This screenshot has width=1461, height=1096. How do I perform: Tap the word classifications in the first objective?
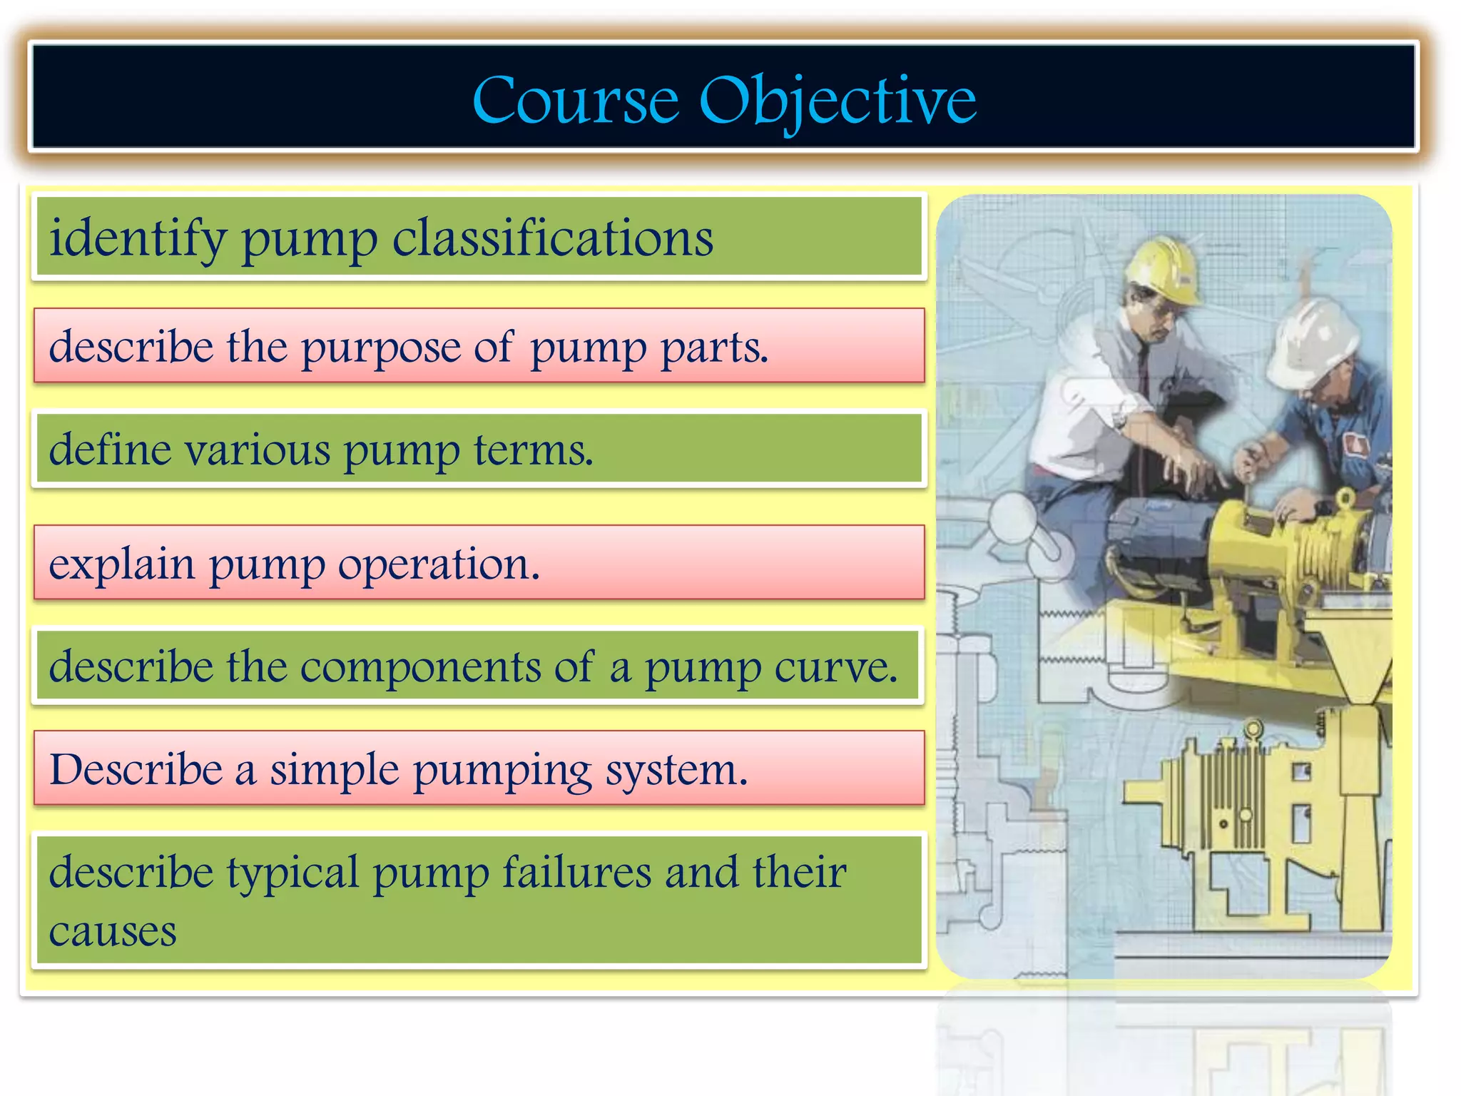(553, 238)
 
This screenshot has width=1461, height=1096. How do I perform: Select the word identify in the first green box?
(138, 238)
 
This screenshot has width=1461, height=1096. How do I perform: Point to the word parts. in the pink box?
(714, 348)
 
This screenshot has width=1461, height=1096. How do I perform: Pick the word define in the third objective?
(110, 450)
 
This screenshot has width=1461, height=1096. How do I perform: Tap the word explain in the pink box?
(121, 565)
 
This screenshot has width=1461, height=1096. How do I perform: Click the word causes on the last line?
(113, 932)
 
